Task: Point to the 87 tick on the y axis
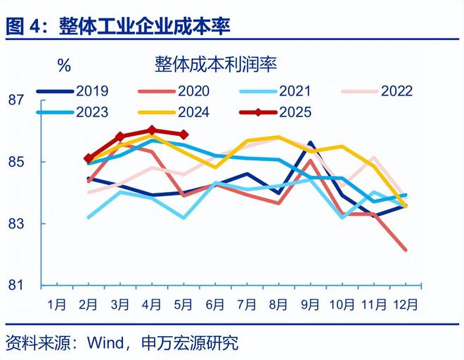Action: click(x=17, y=100)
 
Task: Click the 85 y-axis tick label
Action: click(x=17, y=162)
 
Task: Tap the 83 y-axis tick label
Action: click(x=17, y=224)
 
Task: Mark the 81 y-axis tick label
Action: click(x=17, y=285)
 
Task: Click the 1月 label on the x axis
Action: click(x=57, y=304)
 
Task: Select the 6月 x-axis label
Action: click(x=215, y=304)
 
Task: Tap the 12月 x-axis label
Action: click(x=406, y=304)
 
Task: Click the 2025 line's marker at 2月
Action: click(x=89, y=159)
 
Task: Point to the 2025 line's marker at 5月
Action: click(x=183, y=134)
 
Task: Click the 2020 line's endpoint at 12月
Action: click(x=405, y=250)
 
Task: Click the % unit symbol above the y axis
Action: click(x=64, y=66)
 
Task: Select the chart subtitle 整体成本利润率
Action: click(x=216, y=65)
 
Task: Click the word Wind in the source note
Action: click(x=105, y=342)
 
